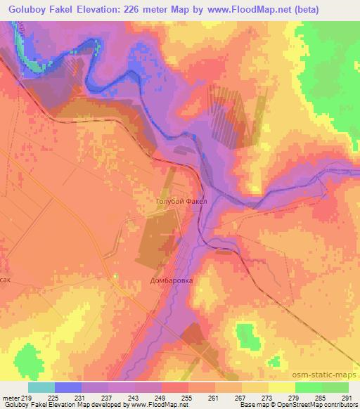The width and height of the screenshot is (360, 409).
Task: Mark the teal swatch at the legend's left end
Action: pyautogui.click(x=41, y=387)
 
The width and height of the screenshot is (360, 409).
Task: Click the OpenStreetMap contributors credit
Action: pyautogui.click(x=315, y=405)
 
